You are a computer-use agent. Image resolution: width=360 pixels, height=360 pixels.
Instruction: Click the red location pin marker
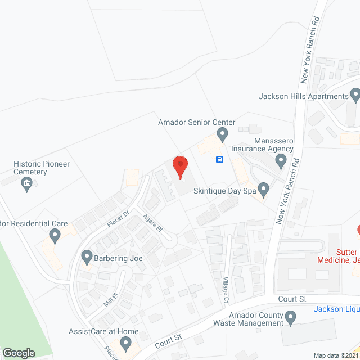pos(180,167)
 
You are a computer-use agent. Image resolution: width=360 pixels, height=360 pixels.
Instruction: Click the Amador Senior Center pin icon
pos(222,134)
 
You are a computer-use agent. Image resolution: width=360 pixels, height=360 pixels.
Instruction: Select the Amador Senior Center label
pos(196,122)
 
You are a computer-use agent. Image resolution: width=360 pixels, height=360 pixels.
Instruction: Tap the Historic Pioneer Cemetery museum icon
pos(26,183)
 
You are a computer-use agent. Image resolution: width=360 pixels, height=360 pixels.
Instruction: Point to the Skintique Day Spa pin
pos(263,188)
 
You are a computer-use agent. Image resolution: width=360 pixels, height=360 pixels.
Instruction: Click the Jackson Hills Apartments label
pos(304,96)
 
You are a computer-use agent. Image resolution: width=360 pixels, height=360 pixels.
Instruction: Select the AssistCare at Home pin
pos(125,342)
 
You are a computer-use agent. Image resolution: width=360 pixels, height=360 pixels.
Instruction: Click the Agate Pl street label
pos(152,222)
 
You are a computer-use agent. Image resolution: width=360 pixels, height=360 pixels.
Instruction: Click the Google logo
pos(19,353)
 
